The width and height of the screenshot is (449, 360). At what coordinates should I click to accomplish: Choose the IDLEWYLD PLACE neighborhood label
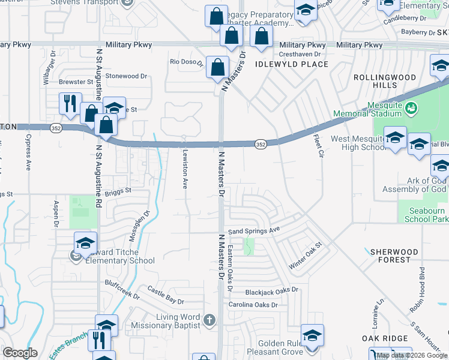[292, 64]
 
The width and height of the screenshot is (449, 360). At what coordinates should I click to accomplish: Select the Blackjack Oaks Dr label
[271, 290]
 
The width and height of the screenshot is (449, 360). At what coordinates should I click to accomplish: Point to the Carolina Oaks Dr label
[253, 305]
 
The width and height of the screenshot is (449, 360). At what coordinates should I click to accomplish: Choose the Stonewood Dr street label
[126, 76]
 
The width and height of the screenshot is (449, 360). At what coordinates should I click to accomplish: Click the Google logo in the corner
[19, 353]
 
